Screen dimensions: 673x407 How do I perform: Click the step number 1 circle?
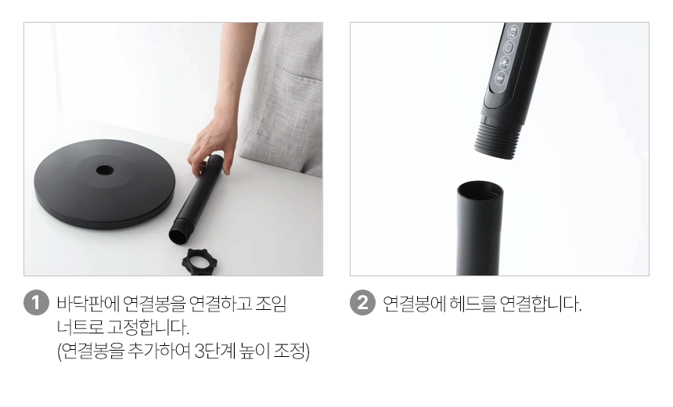(36, 303)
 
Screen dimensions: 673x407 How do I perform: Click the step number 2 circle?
(362, 303)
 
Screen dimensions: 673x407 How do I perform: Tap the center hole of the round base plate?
(105, 171)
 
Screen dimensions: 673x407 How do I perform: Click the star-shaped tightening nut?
(200, 261)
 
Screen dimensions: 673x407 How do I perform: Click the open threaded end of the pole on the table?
(178, 236)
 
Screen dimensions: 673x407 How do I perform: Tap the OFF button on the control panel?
(500, 78)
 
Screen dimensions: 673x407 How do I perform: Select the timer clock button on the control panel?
(508, 47)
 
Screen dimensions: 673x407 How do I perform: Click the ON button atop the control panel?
(513, 31)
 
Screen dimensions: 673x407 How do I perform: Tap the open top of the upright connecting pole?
(480, 189)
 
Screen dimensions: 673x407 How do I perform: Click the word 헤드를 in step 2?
(472, 304)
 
